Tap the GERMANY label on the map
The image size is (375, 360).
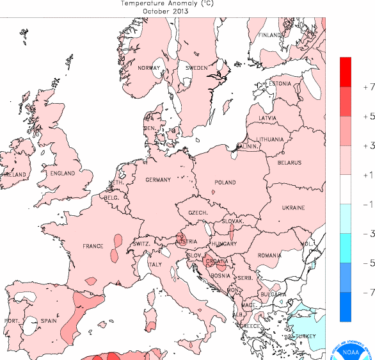(157, 180)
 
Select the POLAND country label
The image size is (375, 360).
(225, 183)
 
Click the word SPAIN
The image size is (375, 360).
(49, 320)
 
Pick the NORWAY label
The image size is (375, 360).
(148, 68)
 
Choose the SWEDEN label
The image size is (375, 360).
(196, 68)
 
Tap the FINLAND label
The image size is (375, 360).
(269, 35)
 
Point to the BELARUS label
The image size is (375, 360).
(289, 163)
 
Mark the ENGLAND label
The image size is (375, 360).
(63, 174)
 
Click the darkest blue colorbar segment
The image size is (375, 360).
(346, 306)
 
